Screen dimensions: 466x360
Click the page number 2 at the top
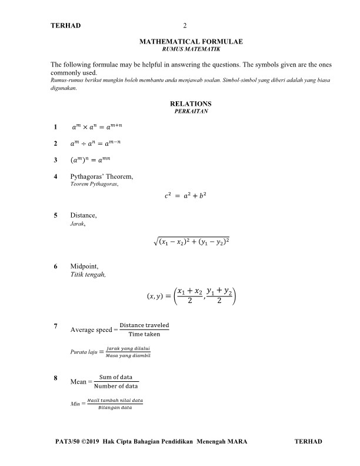click(x=185, y=26)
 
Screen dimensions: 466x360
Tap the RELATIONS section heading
click(x=186, y=104)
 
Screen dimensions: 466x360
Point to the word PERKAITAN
click(x=186, y=111)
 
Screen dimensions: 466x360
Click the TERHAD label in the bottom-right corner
click(x=308, y=442)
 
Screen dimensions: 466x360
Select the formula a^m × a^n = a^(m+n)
click(x=96, y=127)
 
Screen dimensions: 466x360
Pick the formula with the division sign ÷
click(x=96, y=144)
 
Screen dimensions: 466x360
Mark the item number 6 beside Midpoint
click(x=55, y=266)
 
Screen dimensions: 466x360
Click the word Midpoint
click(x=84, y=266)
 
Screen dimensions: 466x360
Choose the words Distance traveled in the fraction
click(x=144, y=325)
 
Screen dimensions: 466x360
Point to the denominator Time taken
click(x=144, y=334)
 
